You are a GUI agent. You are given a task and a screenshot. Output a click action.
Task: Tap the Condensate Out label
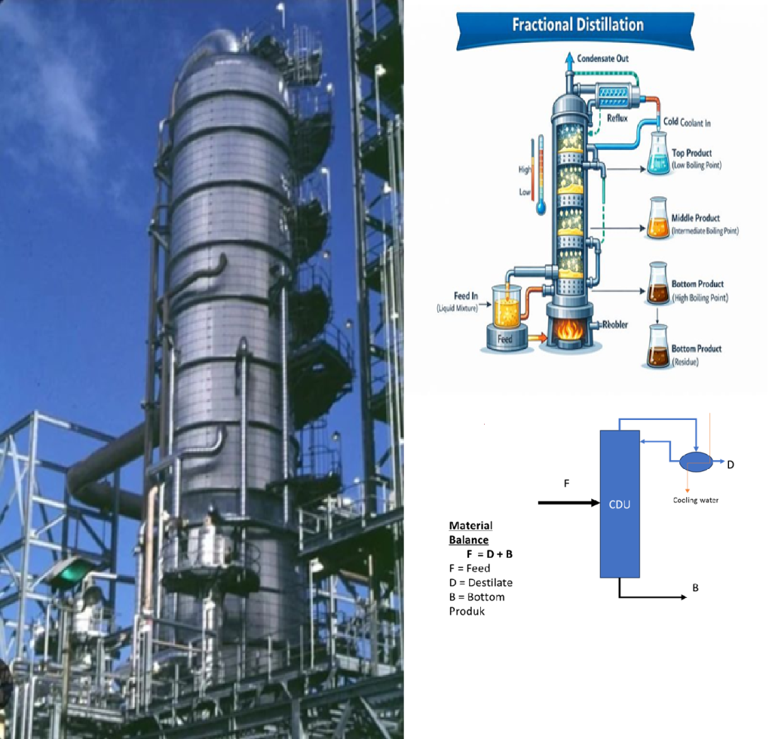(x=602, y=58)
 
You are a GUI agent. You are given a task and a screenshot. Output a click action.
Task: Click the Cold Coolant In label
(x=686, y=122)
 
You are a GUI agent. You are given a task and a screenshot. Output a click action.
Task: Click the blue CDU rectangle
(x=619, y=504)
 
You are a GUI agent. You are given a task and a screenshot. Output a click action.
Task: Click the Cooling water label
(x=695, y=500)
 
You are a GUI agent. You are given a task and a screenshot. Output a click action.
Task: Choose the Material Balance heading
(x=470, y=532)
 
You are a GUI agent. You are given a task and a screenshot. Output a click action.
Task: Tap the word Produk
(x=467, y=612)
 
